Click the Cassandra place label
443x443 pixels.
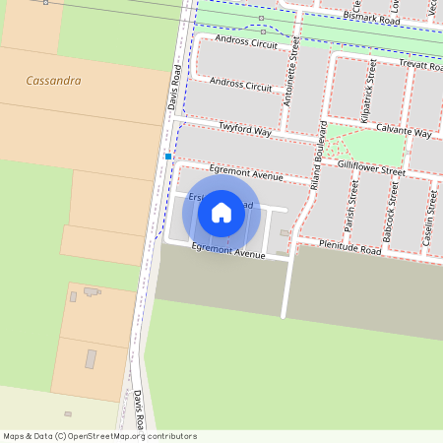pyautogui.click(x=53, y=81)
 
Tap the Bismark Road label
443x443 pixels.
pyautogui.click(x=372, y=18)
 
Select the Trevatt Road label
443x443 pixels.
pyautogui.click(x=413, y=64)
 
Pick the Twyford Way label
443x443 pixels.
pyautogui.click(x=245, y=129)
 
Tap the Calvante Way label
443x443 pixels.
pyautogui.click(x=406, y=132)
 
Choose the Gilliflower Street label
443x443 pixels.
pyautogui.click(x=371, y=169)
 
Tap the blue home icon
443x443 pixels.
pyautogui.click(x=221, y=212)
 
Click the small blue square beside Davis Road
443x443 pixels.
pyautogui.click(x=168, y=157)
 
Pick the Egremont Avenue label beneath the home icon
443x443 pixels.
pyautogui.click(x=228, y=253)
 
